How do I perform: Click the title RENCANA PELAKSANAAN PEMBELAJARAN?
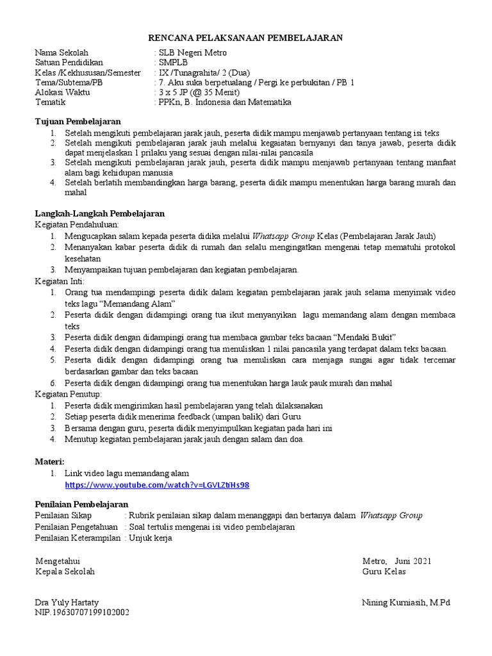(246, 38)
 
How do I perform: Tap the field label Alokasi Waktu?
(63, 92)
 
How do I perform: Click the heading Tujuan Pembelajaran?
(78, 122)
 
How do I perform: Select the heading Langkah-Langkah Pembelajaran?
(99, 213)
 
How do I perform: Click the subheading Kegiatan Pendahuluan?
(74, 225)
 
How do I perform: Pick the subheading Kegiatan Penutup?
(67, 394)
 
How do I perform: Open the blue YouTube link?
(157, 485)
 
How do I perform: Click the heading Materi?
(50, 461)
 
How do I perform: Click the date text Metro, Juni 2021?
(397, 561)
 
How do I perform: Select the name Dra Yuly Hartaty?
(67, 603)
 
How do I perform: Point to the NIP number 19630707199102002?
(90, 613)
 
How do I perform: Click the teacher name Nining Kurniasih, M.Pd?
(406, 603)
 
